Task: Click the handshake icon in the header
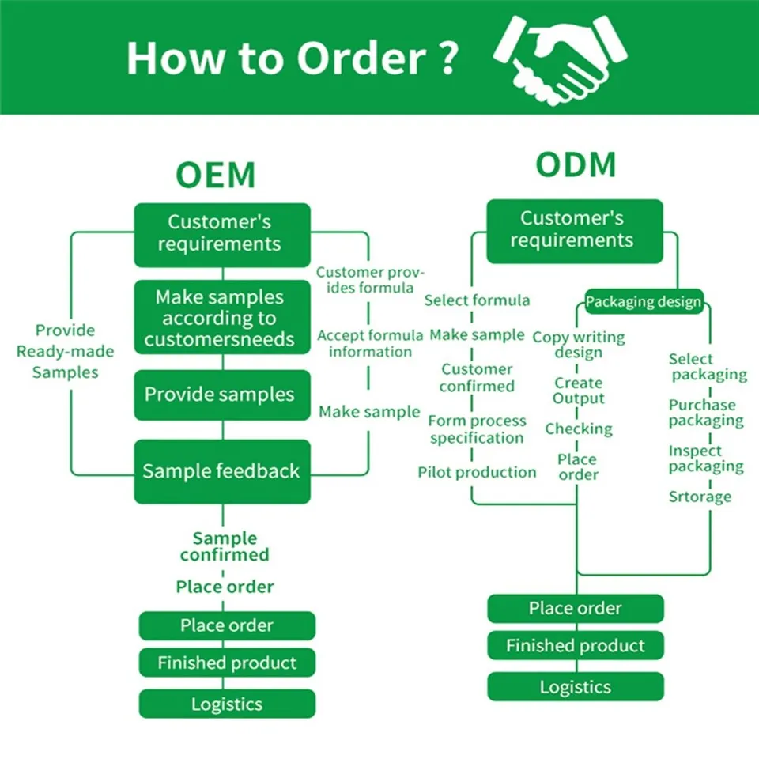click(x=560, y=61)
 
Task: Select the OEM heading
click(x=215, y=175)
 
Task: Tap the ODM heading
click(x=576, y=164)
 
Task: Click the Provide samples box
click(x=222, y=395)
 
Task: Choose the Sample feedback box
click(x=222, y=471)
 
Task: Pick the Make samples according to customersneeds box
click(x=222, y=318)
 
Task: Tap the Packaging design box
click(x=644, y=301)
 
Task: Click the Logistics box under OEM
click(x=227, y=704)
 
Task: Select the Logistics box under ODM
click(x=576, y=686)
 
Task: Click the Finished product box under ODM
click(x=576, y=645)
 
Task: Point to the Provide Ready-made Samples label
click(x=66, y=351)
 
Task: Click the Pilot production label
click(x=477, y=472)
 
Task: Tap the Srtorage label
click(x=700, y=497)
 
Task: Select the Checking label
click(x=579, y=429)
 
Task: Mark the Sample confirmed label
click(x=225, y=546)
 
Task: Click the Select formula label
click(x=477, y=300)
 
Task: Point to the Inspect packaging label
click(x=706, y=459)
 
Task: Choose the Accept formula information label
click(x=370, y=343)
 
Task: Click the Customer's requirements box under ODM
click(x=575, y=232)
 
